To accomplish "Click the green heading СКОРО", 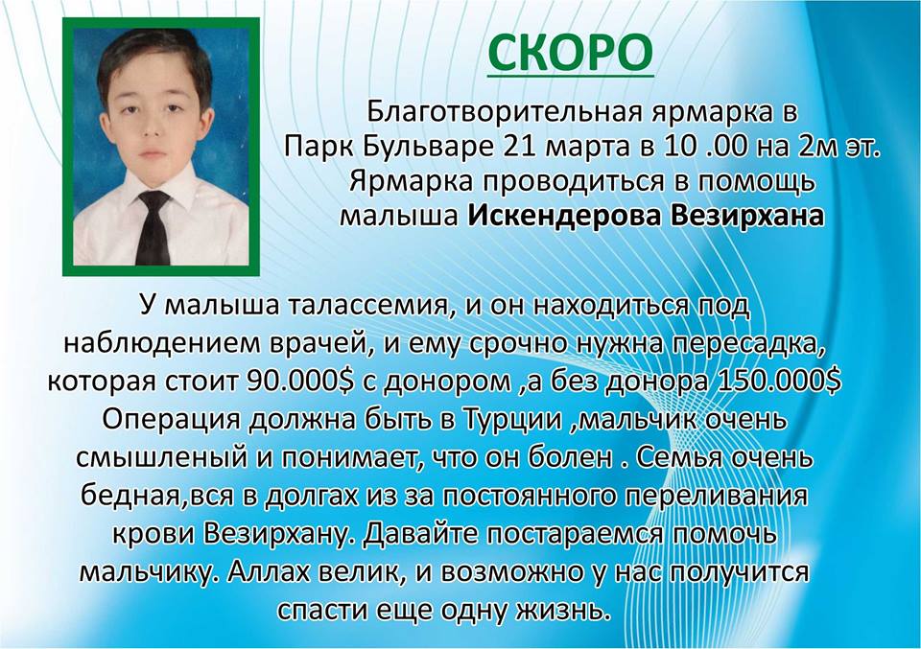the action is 570,53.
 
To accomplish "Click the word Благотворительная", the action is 503,111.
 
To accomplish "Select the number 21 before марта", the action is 520,147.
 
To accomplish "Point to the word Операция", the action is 172,420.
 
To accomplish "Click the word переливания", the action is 715,497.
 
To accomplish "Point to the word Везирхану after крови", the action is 279,535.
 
